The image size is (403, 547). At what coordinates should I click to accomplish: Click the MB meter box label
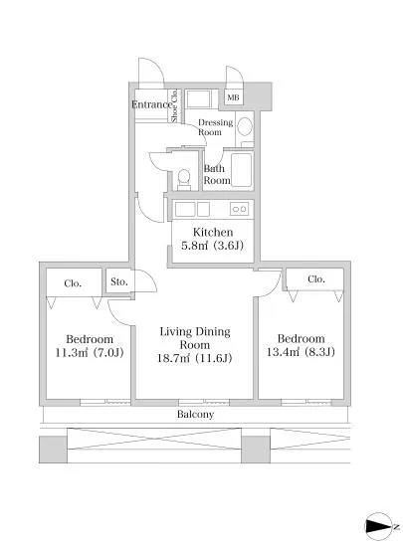tap(233, 97)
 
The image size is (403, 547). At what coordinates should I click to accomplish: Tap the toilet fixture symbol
tap(184, 180)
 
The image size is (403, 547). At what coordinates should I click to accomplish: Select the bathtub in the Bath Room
tap(241, 170)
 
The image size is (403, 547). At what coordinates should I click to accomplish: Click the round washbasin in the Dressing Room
tap(245, 126)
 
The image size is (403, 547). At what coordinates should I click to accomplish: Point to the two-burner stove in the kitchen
tap(239, 209)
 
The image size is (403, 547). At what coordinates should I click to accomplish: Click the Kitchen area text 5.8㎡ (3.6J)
tap(212, 246)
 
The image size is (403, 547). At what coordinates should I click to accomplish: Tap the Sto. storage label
tap(119, 281)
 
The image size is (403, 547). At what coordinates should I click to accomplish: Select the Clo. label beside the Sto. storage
tap(73, 283)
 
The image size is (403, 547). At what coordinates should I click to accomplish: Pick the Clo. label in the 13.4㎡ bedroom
tap(316, 279)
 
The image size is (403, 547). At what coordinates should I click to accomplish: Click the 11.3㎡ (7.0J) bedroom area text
tap(90, 353)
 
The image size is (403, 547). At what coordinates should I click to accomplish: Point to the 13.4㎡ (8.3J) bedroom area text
tap(301, 352)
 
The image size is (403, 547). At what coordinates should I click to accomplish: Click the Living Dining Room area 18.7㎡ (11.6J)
tap(194, 358)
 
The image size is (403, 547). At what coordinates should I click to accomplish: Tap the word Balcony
tap(195, 415)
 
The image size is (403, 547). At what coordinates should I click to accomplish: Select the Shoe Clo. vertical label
tap(175, 105)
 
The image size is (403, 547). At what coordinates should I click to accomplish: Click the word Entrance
tap(152, 104)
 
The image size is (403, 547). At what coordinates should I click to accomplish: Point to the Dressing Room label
tap(215, 127)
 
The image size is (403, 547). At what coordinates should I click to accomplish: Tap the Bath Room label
tap(217, 174)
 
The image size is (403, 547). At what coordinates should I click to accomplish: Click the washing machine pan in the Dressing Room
tap(198, 99)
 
